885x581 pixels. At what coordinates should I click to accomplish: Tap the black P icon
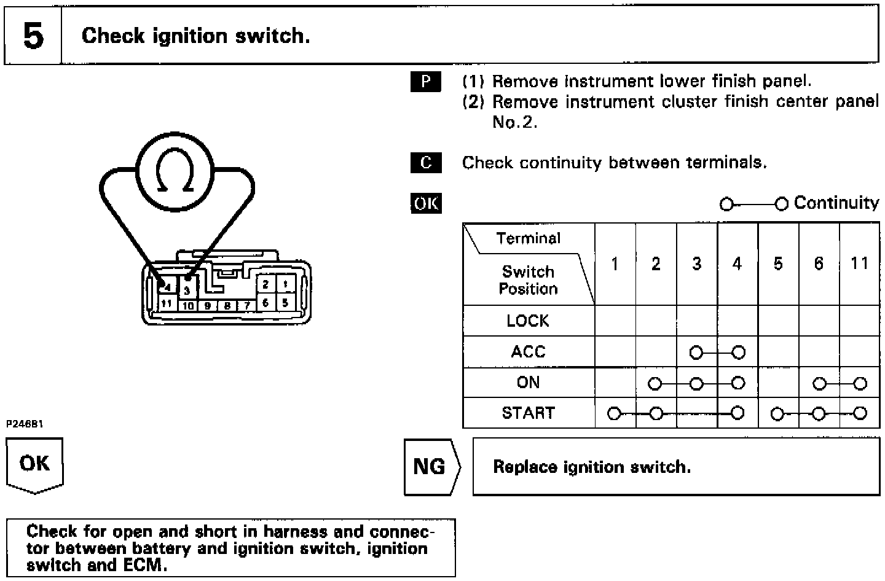pyautogui.click(x=425, y=82)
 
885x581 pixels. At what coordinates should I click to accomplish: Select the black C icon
pyautogui.click(x=425, y=163)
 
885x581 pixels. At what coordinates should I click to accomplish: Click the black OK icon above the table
pyautogui.click(x=425, y=203)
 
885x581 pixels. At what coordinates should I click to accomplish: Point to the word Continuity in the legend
pyautogui.click(x=836, y=203)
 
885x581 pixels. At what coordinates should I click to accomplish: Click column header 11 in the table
pyautogui.click(x=859, y=263)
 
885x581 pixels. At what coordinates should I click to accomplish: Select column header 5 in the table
pyautogui.click(x=778, y=263)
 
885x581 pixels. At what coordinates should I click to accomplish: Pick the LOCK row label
pyautogui.click(x=528, y=321)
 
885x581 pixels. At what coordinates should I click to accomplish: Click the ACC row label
pyautogui.click(x=528, y=352)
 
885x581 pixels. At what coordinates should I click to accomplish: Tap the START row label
pyautogui.click(x=528, y=413)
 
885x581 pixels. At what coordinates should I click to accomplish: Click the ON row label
pyautogui.click(x=528, y=383)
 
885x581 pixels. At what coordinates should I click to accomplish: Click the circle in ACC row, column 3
pyautogui.click(x=696, y=353)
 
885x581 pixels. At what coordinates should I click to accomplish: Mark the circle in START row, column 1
pyautogui.click(x=614, y=414)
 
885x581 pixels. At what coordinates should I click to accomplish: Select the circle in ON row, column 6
pyautogui.click(x=819, y=384)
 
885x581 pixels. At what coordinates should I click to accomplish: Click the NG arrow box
pyautogui.click(x=430, y=467)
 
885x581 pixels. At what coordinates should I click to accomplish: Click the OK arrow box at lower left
pyautogui.click(x=34, y=464)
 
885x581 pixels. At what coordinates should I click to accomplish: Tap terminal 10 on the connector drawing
pyautogui.click(x=188, y=305)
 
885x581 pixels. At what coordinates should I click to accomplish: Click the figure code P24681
pyautogui.click(x=25, y=424)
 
